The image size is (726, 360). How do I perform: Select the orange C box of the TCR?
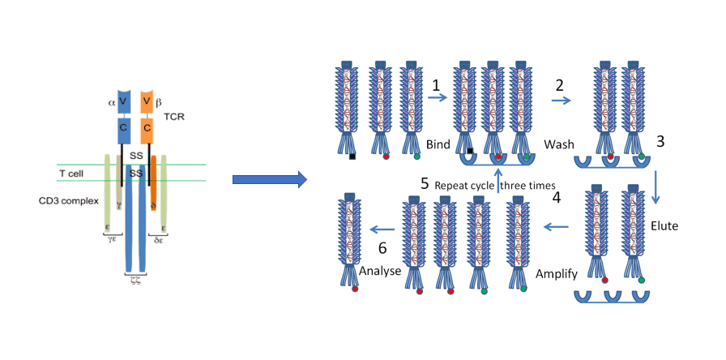[x=147, y=127]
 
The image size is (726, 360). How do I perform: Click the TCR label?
[x=175, y=118]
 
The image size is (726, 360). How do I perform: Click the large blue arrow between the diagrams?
[x=268, y=179]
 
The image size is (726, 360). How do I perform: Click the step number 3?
[x=660, y=142]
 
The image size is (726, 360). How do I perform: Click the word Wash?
[x=560, y=145]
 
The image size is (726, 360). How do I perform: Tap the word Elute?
[x=663, y=226]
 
